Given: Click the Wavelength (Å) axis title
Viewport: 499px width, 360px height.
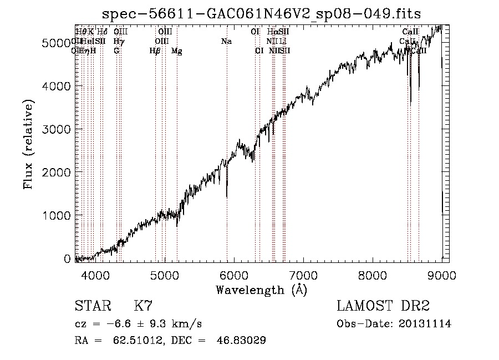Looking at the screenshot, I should coord(261,290).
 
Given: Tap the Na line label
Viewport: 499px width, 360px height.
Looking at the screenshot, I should coord(226,42).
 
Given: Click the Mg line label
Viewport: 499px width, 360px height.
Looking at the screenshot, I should coord(177,51).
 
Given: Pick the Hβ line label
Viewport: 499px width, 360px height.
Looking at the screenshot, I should coord(155,51).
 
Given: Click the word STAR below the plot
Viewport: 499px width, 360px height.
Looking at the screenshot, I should coord(91,306).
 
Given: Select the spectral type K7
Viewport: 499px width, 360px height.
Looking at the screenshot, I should coord(143,306).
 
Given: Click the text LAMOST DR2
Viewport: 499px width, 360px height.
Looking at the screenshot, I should coord(383,306).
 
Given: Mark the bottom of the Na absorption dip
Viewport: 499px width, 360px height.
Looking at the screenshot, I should coord(227,196).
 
